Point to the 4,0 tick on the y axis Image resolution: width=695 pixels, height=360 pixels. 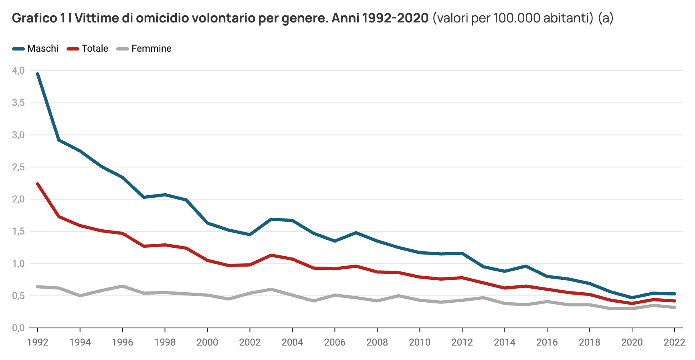coord(18,71)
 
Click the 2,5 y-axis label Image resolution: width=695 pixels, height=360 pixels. coord(18,167)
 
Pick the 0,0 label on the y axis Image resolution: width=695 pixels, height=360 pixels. coord(18,328)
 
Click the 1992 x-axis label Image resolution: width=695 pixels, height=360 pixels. coord(38,342)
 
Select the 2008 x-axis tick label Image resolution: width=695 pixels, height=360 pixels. coord(377,342)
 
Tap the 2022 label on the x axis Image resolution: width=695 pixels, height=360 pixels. coord(674,342)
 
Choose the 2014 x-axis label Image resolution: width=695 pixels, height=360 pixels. coord(504,342)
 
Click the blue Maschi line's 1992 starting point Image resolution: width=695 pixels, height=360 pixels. coord(38,74)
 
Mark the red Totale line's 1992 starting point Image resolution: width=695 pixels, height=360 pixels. coord(38,184)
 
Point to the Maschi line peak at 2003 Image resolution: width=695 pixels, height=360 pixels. coord(271,219)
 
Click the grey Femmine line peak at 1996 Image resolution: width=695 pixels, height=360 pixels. coord(122,286)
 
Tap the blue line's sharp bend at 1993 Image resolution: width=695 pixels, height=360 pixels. coord(59,140)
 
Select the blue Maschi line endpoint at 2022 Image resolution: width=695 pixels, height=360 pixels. coord(675,294)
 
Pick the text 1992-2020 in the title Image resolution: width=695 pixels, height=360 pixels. coord(395,18)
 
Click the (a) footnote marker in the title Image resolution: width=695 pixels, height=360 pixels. coord(605,18)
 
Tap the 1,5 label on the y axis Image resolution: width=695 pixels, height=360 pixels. coord(18,231)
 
